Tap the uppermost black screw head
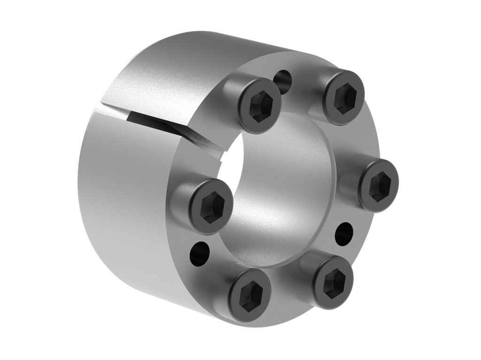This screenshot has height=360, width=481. point(344,97)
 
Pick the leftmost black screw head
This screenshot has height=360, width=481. point(211,207)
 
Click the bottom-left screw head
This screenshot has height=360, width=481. point(250,295)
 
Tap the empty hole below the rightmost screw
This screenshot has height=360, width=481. point(343,233)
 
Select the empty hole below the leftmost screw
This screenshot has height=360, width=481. point(199,254)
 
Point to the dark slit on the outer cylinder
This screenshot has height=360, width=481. point(155,120)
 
